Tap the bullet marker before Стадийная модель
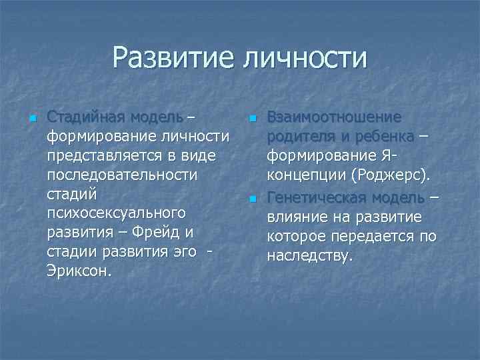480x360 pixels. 31,119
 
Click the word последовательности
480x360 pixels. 122,175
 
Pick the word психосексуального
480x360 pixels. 115,214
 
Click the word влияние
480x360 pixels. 296,217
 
